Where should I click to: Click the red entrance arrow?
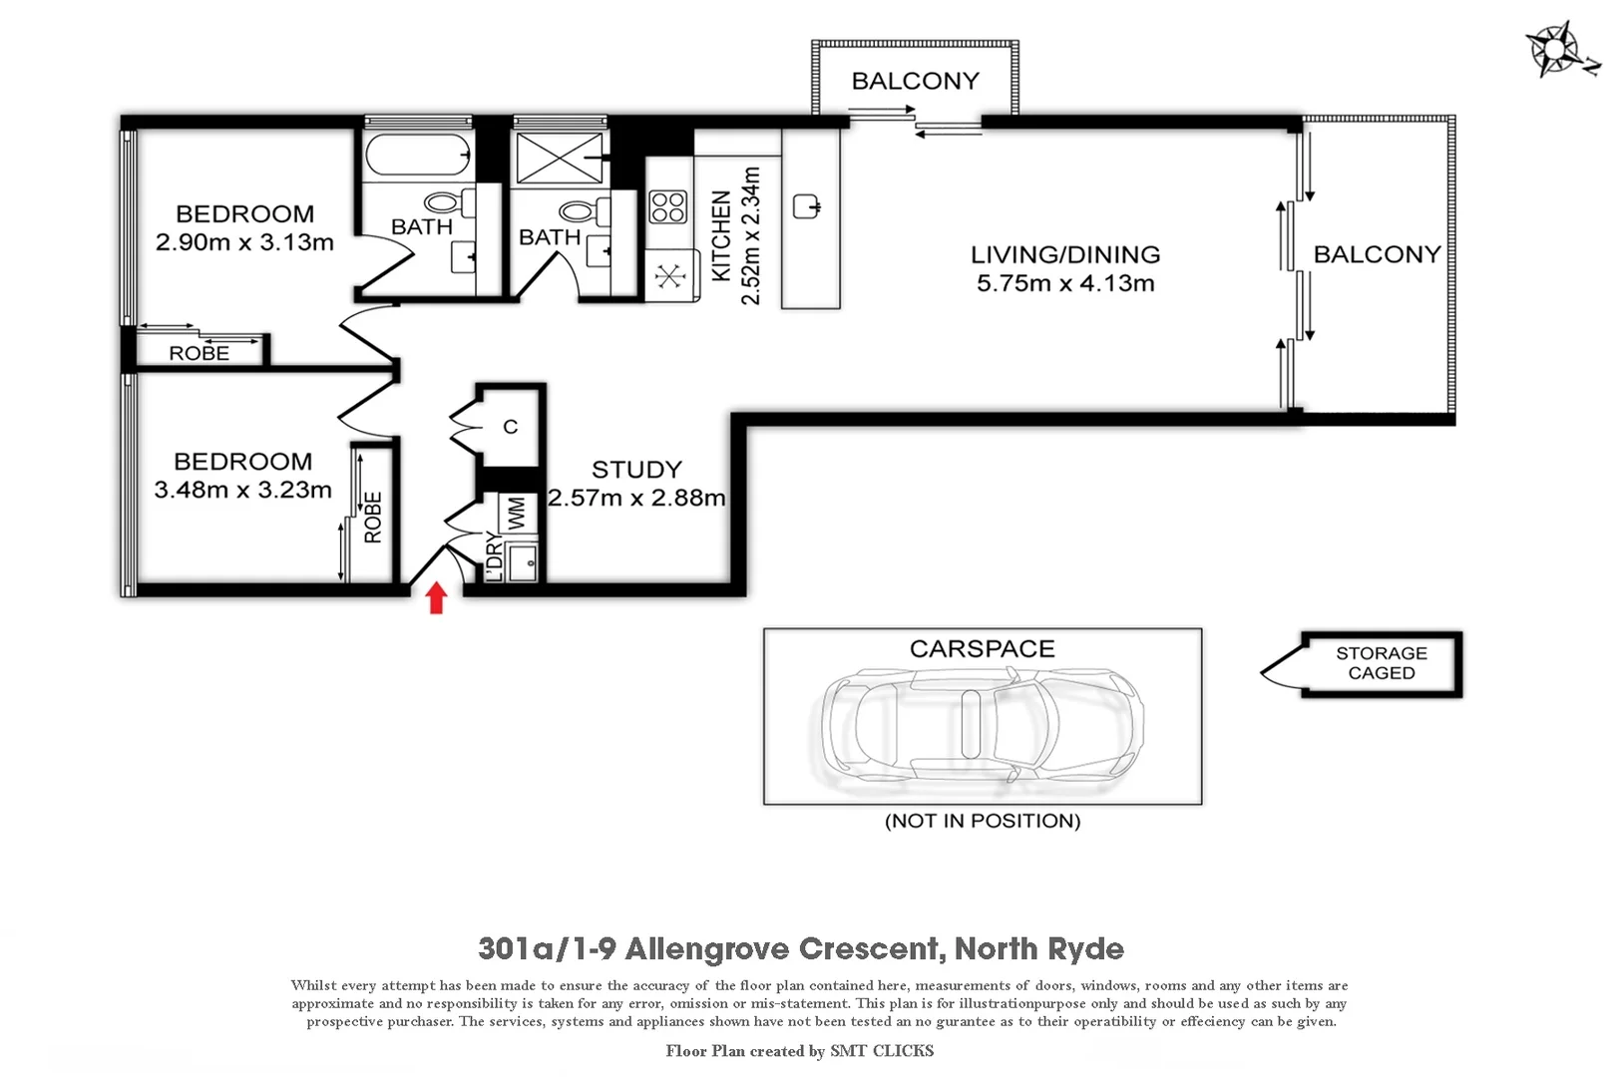click(x=436, y=598)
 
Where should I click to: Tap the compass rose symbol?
click(x=1552, y=49)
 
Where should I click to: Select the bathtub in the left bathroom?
click(x=417, y=156)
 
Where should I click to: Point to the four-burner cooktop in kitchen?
click(x=667, y=206)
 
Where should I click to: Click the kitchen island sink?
click(x=806, y=207)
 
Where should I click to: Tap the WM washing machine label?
click(x=517, y=515)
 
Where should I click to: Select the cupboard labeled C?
click(x=510, y=427)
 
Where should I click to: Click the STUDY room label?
click(x=636, y=470)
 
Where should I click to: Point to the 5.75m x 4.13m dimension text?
click(x=1065, y=283)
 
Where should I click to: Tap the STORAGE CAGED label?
click(x=1382, y=663)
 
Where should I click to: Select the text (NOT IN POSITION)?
click(x=983, y=821)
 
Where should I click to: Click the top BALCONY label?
click(x=915, y=81)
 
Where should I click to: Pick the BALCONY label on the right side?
click(x=1377, y=254)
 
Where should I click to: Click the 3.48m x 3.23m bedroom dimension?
click(x=242, y=490)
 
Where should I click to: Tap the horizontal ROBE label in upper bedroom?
click(x=199, y=353)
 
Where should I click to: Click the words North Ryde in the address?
click(x=1038, y=948)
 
